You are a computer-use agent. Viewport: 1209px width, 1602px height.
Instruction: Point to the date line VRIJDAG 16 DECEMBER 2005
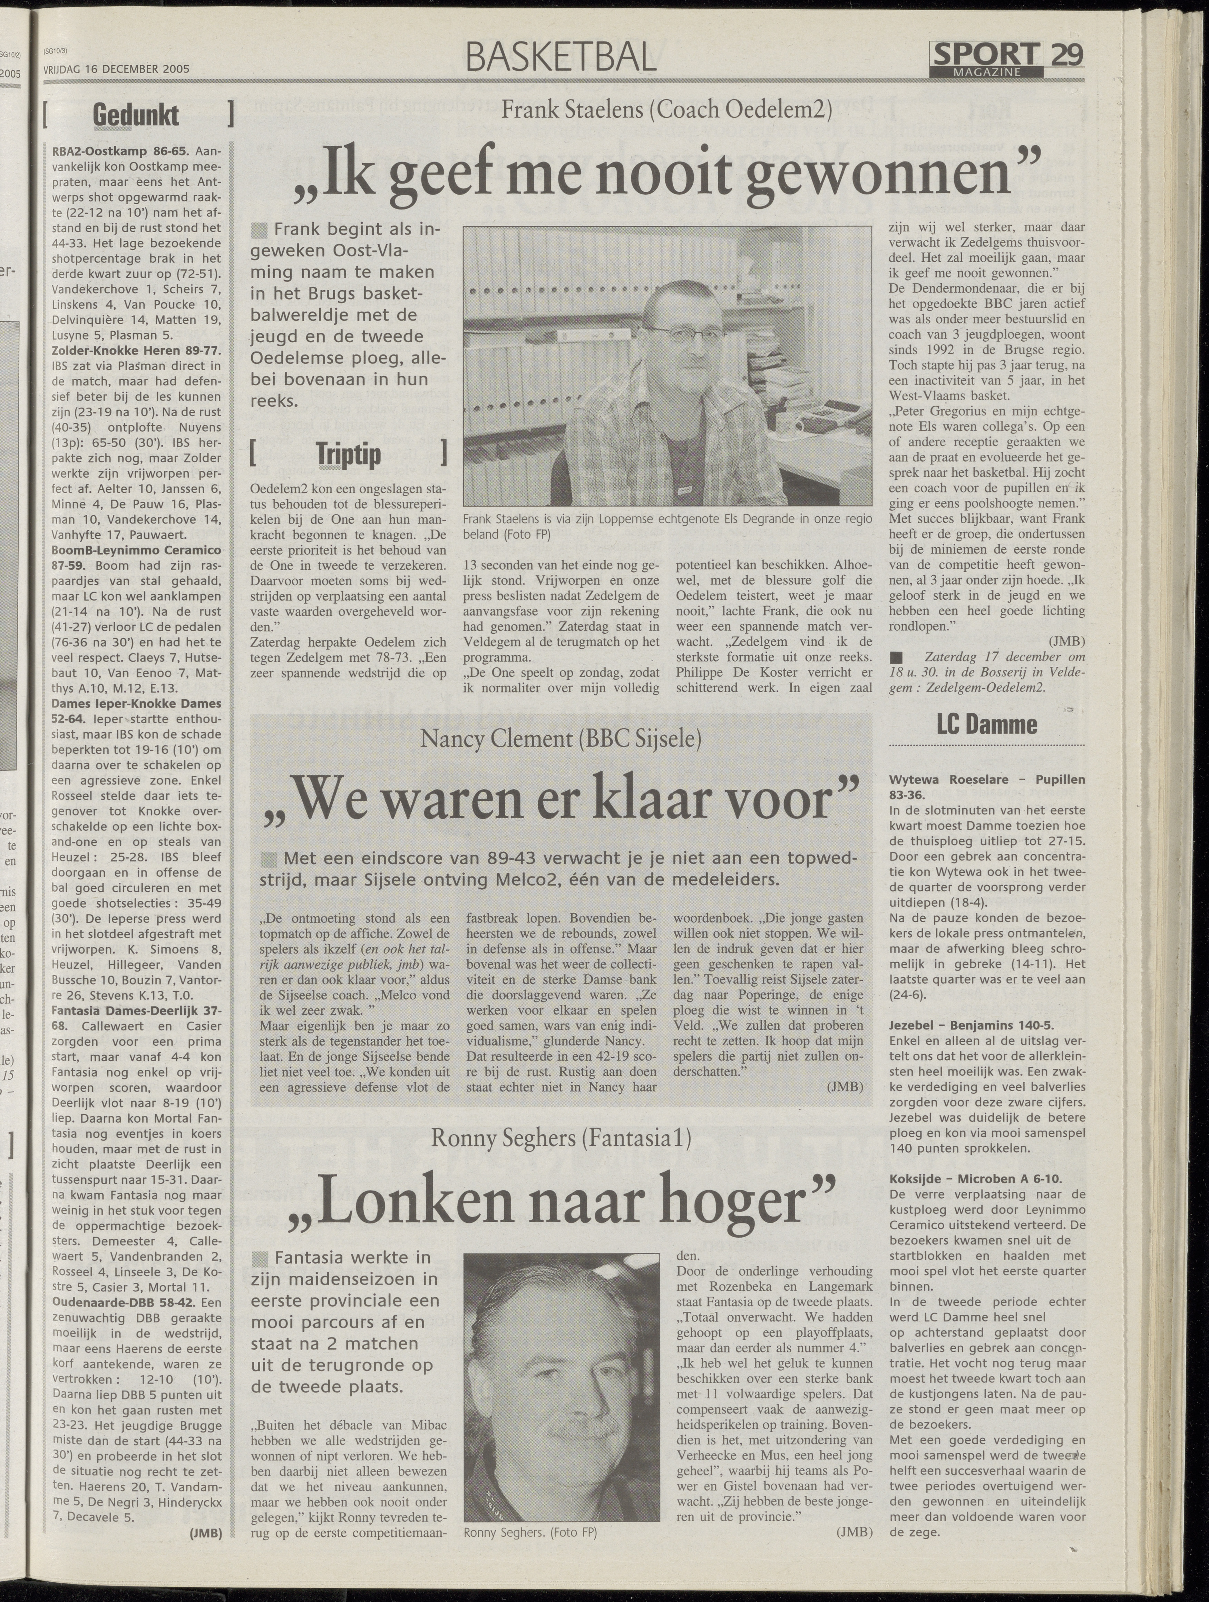pos(116,69)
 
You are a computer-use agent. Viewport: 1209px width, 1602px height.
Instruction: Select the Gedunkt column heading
pos(136,116)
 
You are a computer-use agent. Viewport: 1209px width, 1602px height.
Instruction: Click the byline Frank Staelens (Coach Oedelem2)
pos(666,110)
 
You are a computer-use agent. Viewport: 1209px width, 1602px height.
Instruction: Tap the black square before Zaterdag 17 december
pos(896,657)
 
